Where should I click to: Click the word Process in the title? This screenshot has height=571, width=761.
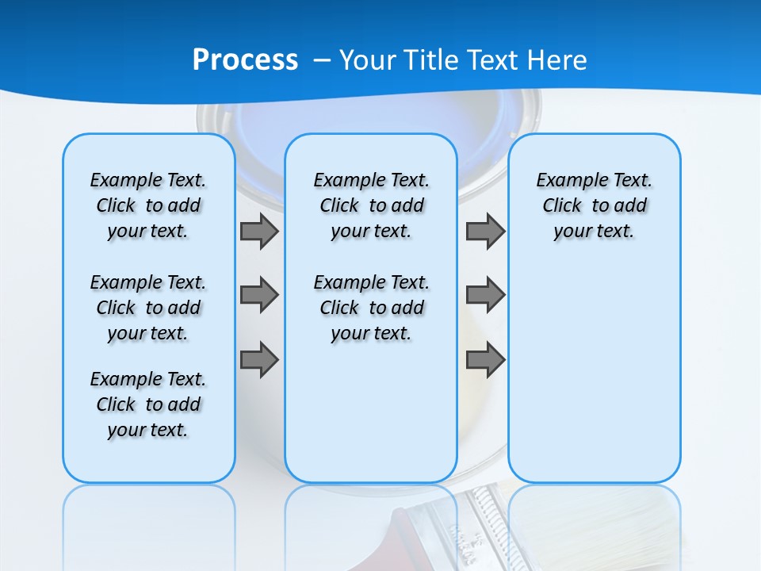245,59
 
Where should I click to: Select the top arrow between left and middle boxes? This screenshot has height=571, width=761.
259,232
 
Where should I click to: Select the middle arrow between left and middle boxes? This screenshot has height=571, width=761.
259,295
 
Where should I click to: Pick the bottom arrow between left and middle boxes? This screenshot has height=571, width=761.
259,360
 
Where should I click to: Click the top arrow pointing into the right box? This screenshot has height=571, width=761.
485,232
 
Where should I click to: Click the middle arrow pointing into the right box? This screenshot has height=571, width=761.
485,295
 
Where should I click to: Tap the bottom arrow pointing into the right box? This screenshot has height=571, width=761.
485,360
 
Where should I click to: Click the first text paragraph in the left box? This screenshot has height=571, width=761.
148,205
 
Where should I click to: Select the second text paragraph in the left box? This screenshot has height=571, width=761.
148,308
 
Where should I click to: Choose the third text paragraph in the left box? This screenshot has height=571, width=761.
148,404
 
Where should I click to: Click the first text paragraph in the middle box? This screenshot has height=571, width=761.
371,205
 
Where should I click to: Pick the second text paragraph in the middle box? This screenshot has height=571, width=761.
371,308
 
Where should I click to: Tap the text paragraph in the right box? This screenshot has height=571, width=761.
594,205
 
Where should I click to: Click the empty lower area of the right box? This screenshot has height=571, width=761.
594,381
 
